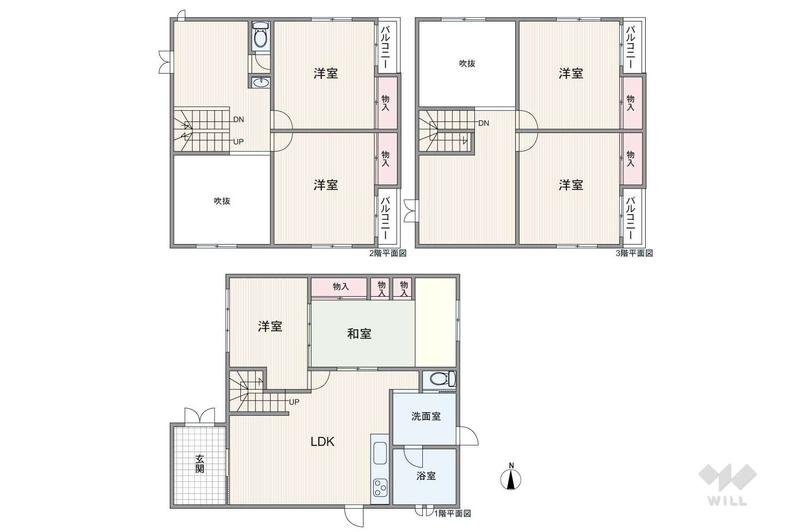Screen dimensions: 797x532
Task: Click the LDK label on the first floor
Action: click(323, 442)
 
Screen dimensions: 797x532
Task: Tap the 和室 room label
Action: click(359, 334)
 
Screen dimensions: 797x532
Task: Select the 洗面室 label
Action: click(426, 416)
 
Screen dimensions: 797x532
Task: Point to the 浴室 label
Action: click(426, 475)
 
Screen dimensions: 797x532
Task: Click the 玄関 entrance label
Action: click(199, 464)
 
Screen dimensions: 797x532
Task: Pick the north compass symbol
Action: click(511, 477)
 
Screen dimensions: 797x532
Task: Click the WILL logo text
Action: click(727, 501)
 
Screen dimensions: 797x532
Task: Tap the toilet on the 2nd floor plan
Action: click(261, 36)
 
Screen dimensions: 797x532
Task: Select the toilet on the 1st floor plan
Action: click(442, 379)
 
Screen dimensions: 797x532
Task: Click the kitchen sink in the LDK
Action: click(380, 453)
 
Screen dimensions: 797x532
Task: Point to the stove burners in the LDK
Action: click(380, 488)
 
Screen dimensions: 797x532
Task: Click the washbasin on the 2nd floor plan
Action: click(261, 83)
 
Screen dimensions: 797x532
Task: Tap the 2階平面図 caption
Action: click(388, 253)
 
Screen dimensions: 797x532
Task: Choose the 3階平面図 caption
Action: click(634, 253)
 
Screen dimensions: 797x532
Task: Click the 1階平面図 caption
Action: click(453, 513)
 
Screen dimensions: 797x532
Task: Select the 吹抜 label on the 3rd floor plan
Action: click(467, 63)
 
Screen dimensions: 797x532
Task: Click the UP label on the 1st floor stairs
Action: click(294, 402)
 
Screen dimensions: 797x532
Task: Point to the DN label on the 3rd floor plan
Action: click(484, 123)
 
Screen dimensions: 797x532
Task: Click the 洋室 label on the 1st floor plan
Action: click(270, 326)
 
